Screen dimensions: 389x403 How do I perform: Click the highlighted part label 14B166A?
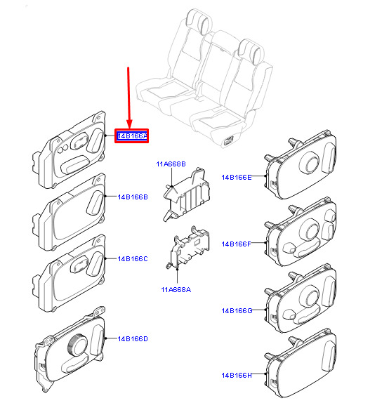tap(132, 136)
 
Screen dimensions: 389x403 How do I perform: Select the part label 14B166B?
tap(133, 197)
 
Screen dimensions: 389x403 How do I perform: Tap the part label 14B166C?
tap(133, 259)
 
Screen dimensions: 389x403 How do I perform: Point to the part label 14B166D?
tap(133, 339)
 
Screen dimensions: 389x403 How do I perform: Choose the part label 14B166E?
tap(237, 178)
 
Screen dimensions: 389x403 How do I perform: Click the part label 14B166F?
tap(237, 244)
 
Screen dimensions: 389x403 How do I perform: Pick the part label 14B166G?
tap(237, 311)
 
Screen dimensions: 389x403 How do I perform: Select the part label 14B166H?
tap(237, 375)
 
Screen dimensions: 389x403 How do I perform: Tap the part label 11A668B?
tap(171, 164)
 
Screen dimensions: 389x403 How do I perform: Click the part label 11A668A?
tap(176, 290)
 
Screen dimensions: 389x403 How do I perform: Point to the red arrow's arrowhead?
tap(129, 124)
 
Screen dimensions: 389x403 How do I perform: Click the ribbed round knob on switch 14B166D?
tap(78, 345)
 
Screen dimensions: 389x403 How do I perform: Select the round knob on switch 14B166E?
tap(310, 163)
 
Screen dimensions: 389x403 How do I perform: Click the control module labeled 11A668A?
tap(188, 249)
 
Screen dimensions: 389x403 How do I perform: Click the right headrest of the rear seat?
tap(251, 51)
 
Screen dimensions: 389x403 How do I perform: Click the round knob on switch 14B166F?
tap(310, 230)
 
